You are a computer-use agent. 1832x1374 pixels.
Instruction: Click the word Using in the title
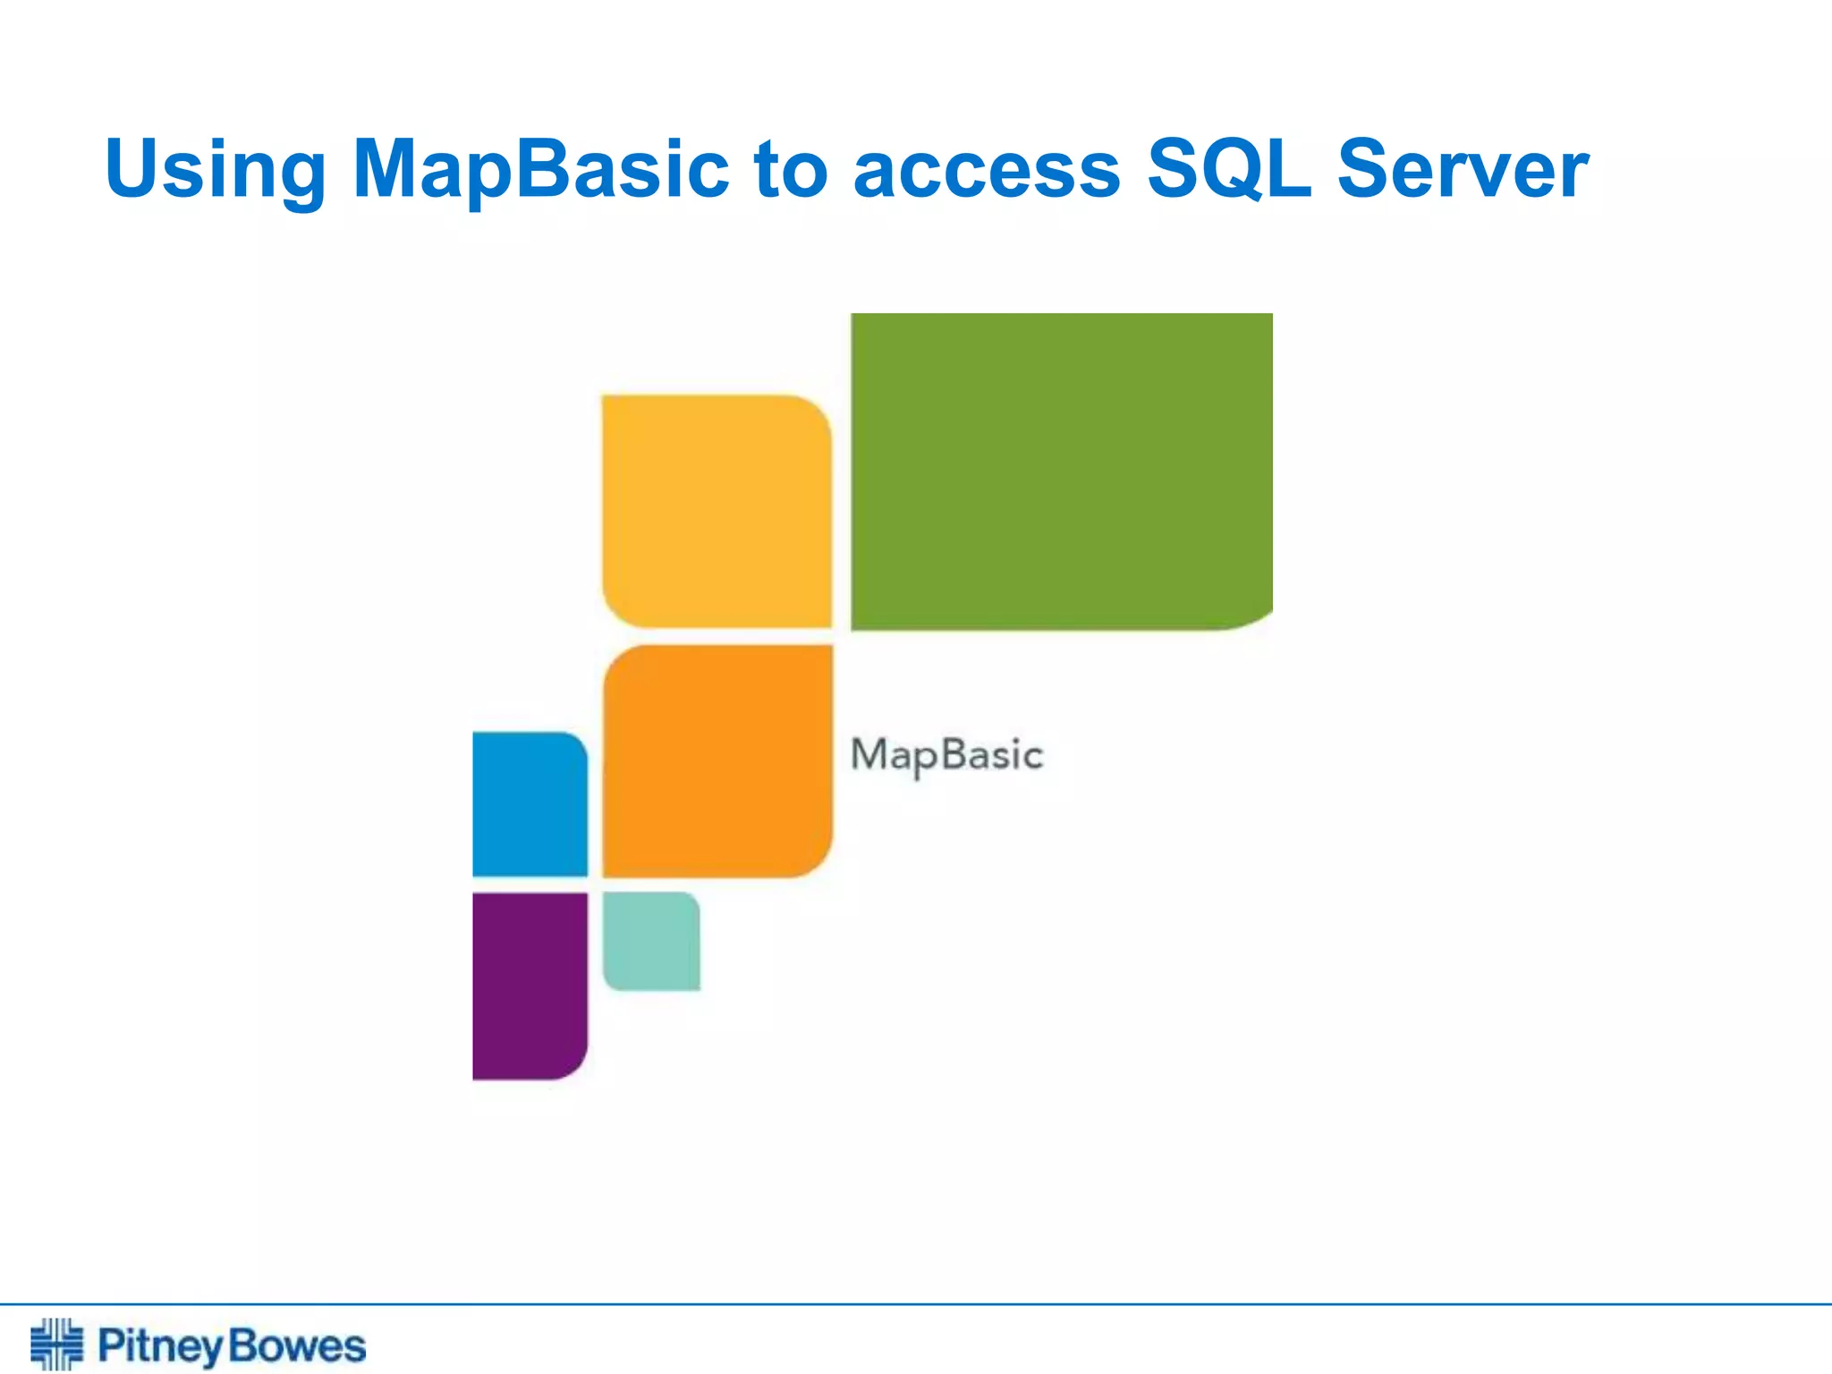point(216,170)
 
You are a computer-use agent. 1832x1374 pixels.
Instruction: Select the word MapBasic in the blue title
point(540,170)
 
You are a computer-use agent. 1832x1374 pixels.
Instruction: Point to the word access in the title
point(987,170)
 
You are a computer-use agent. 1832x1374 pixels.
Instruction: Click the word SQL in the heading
point(1229,170)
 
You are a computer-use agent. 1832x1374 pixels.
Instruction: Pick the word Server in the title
point(1463,170)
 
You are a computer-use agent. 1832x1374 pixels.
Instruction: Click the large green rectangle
point(1061,471)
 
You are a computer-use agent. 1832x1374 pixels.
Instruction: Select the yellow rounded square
point(717,511)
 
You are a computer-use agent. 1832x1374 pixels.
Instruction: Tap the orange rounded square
point(717,760)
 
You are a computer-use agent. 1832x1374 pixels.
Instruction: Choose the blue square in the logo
point(530,803)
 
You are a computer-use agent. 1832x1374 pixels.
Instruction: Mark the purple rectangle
point(530,986)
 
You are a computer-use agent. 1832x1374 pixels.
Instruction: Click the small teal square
point(651,941)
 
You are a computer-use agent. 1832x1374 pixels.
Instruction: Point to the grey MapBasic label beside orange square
point(946,755)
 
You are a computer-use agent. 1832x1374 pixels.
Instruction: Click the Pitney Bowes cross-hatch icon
point(56,1344)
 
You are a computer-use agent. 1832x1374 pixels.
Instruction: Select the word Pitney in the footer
point(159,1346)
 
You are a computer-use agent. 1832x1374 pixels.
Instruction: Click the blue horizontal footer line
point(916,1304)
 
